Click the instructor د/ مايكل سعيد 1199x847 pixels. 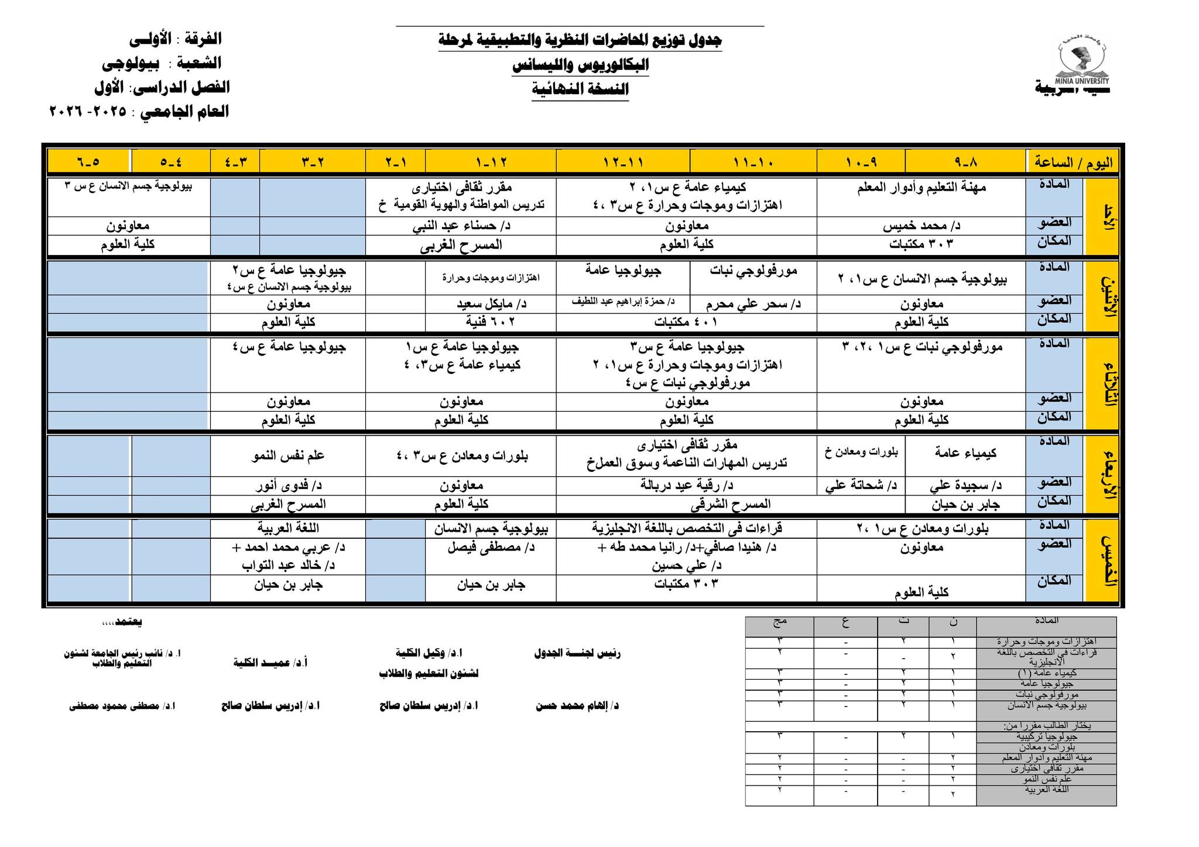[x=491, y=304]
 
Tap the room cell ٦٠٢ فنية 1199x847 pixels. [x=491, y=322]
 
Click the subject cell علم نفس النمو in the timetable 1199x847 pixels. [x=288, y=456]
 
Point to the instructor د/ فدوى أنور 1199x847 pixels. [x=288, y=486]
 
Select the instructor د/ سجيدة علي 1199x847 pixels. [x=965, y=486]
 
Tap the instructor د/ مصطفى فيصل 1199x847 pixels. [x=491, y=548]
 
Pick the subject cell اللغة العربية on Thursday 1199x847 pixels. [x=288, y=528]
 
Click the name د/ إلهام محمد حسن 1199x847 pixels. [x=577, y=706]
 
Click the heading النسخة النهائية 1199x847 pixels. [x=580, y=89]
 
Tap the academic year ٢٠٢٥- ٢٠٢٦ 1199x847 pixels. [x=88, y=112]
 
